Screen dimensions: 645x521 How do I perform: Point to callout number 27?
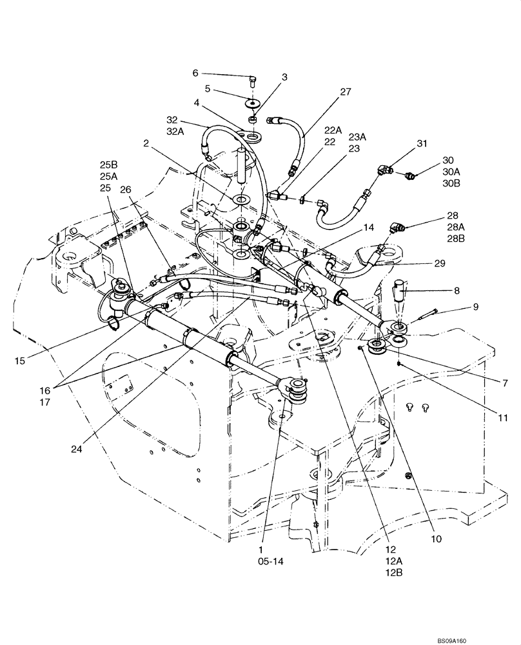click(x=346, y=92)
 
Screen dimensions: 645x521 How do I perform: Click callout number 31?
click(x=422, y=143)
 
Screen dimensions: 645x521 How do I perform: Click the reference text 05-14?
click(x=270, y=561)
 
